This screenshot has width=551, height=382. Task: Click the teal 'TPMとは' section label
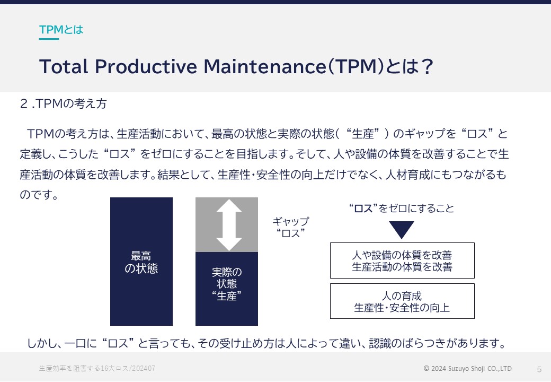(x=61, y=30)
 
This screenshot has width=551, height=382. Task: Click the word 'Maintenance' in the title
(x=265, y=66)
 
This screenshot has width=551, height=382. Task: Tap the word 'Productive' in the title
(x=146, y=66)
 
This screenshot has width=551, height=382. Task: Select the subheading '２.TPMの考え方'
(x=63, y=103)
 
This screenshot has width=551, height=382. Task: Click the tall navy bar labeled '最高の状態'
(x=141, y=262)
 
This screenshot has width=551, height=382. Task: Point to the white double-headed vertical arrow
(x=229, y=225)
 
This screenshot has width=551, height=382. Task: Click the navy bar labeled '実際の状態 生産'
(x=227, y=289)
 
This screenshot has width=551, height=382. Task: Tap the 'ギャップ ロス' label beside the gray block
(x=291, y=227)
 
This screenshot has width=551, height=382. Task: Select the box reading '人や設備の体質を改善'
(x=402, y=261)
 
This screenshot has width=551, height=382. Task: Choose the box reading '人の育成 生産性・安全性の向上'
(x=402, y=301)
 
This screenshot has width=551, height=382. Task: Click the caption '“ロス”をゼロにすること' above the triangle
(x=402, y=208)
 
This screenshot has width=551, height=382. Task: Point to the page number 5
(x=539, y=369)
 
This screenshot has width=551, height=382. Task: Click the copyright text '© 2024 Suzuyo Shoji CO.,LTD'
(x=468, y=368)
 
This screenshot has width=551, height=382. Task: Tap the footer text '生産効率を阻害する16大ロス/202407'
(x=97, y=368)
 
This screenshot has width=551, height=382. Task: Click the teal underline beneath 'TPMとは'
(x=49, y=39)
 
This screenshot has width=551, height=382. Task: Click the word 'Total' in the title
(x=64, y=66)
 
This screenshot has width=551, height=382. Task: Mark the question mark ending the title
(x=428, y=66)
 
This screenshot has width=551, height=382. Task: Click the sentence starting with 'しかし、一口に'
(x=266, y=343)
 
